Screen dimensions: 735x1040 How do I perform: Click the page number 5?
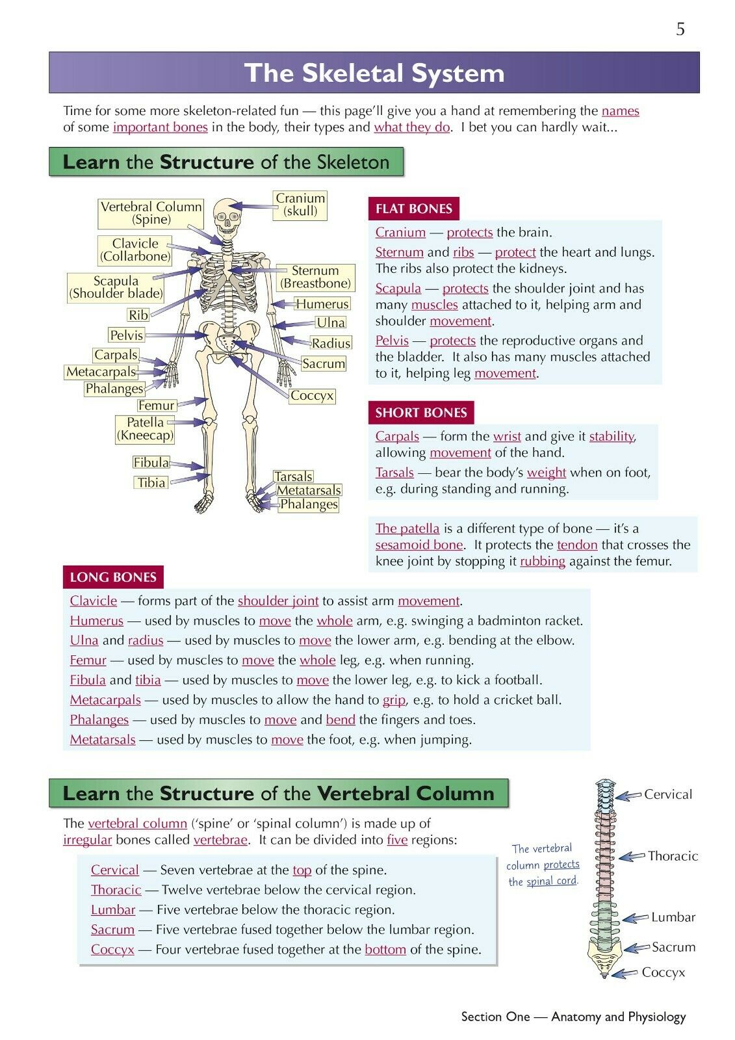(680, 29)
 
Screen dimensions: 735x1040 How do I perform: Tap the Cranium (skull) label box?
(300, 205)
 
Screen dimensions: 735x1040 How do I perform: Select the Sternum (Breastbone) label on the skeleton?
(316, 277)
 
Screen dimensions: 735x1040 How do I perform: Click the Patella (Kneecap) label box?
(145, 428)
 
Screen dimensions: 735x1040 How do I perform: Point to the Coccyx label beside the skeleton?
(312, 396)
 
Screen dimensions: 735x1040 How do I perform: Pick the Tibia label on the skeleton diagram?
(151, 482)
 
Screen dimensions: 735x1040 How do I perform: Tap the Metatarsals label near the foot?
(309, 490)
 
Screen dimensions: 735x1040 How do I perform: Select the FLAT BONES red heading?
(414, 209)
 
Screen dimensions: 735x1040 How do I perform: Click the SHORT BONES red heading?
(421, 412)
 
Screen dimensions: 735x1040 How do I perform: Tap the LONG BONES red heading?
(113, 577)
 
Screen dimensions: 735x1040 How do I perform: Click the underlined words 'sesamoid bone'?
(419, 545)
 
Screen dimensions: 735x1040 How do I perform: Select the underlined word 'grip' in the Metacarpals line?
(394, 700)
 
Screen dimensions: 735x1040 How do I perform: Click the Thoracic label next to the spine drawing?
(673, 855)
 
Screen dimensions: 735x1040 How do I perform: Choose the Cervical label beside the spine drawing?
(667, 794)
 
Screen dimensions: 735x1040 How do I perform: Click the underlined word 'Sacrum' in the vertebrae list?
(112, 929)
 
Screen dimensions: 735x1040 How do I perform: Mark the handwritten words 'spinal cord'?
(552, 881)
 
